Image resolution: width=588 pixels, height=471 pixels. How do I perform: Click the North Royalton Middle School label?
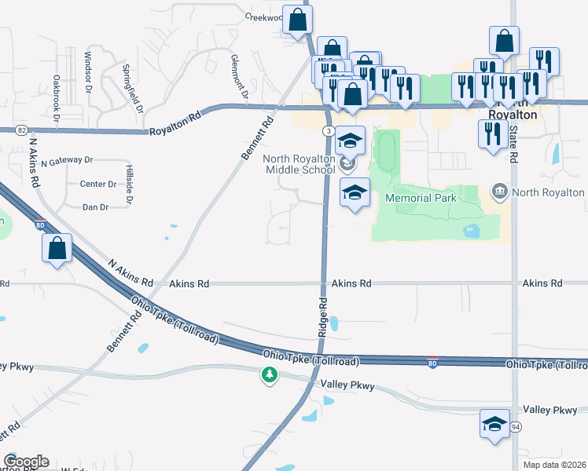299,164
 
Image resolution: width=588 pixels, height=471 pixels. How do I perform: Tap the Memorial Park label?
421,198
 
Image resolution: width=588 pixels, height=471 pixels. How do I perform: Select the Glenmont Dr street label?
238,77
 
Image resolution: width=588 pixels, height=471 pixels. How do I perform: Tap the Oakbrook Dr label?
57,98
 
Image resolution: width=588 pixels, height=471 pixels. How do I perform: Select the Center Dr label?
98,184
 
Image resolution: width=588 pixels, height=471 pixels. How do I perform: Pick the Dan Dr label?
95,206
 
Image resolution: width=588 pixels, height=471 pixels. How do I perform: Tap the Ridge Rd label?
322,317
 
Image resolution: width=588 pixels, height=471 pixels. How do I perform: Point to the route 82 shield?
21,130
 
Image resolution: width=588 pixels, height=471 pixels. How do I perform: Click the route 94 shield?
515,426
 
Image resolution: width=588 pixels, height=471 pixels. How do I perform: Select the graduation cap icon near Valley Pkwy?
493,424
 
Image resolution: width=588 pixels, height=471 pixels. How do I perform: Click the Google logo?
26,462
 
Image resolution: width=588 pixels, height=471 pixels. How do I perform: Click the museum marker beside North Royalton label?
498,192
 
